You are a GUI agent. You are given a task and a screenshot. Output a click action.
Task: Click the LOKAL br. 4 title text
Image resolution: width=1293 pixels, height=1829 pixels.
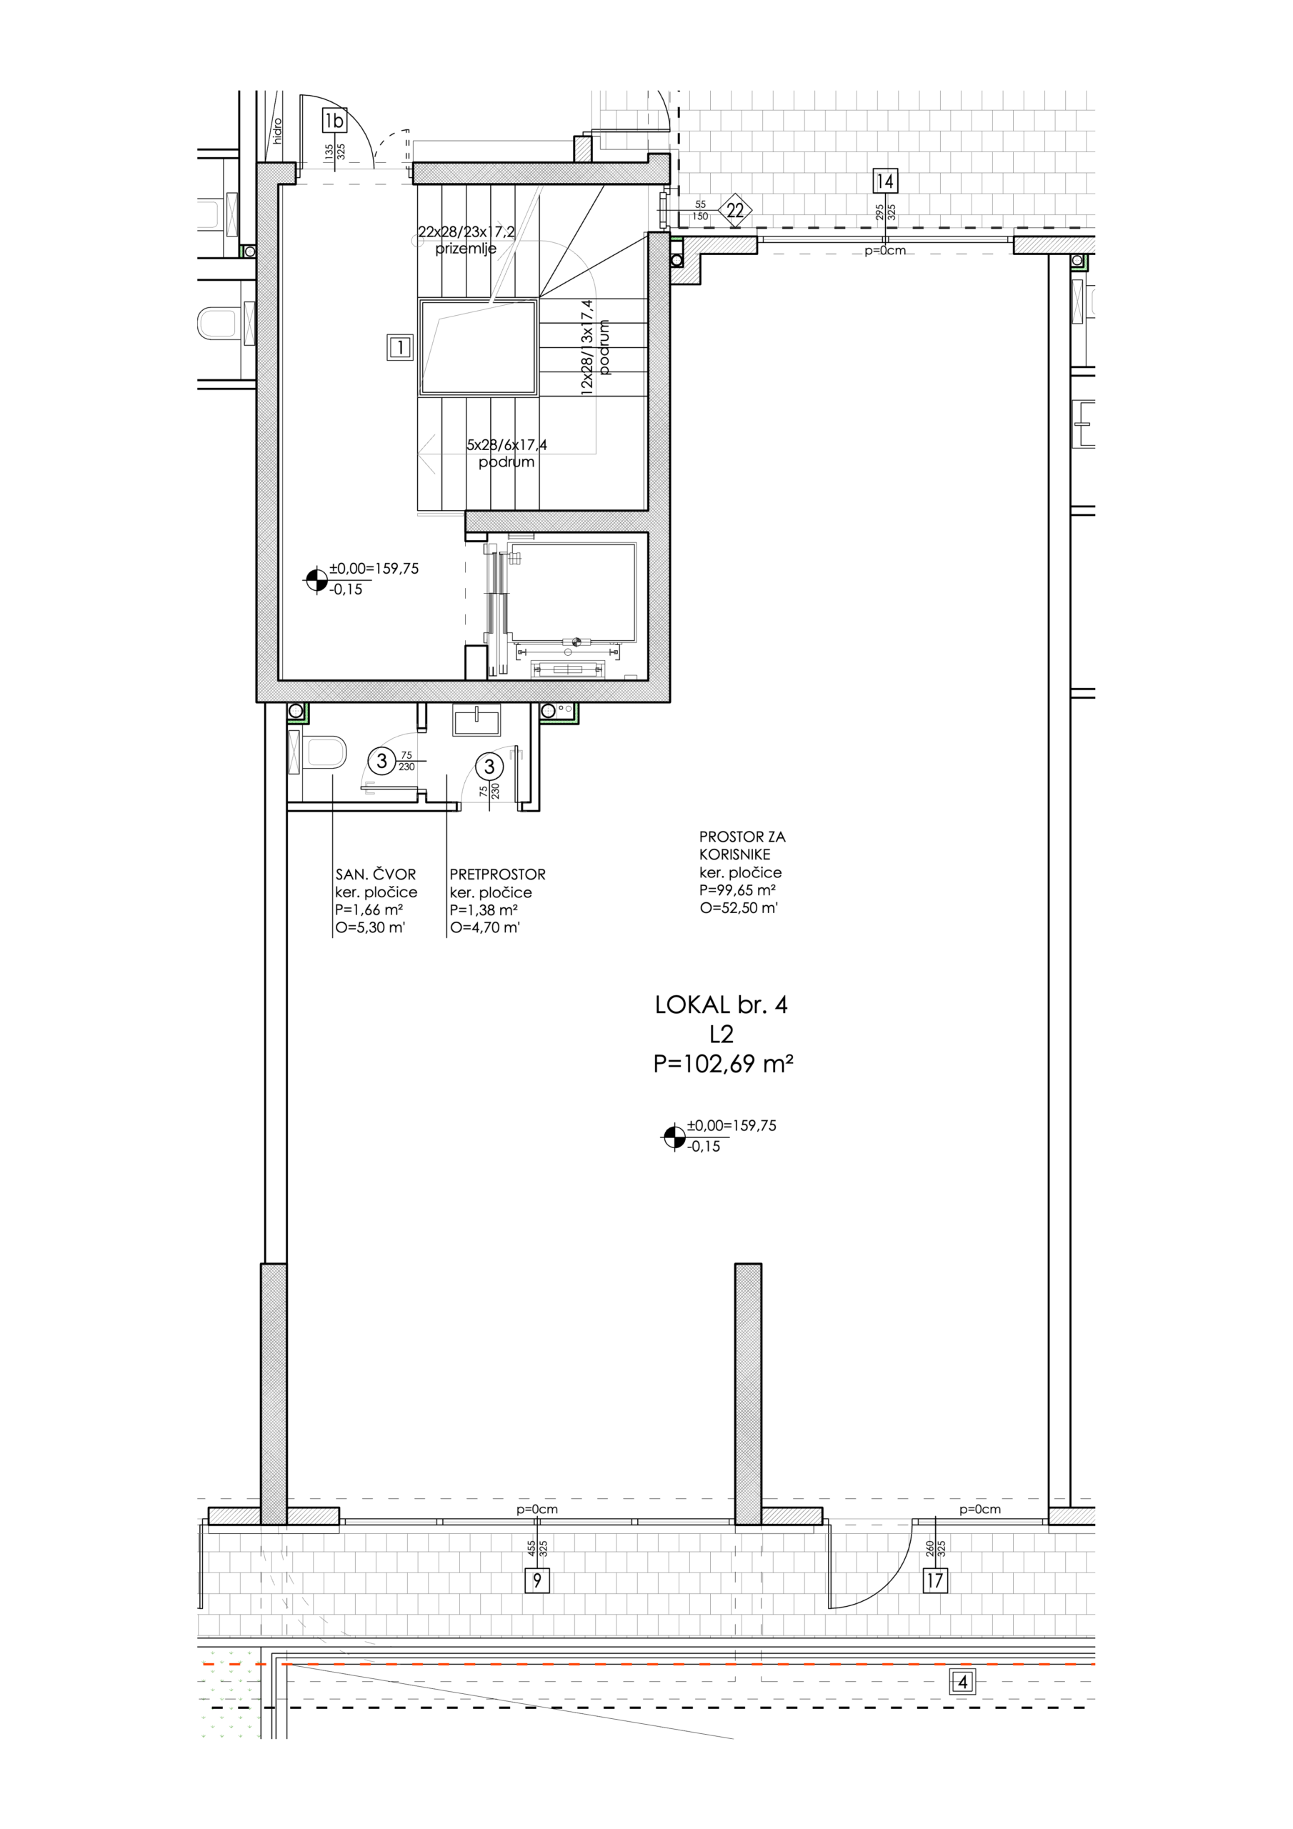[x=721, y=1005]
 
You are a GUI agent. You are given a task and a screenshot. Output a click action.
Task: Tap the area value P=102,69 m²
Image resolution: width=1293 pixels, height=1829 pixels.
[x=724, y=1065]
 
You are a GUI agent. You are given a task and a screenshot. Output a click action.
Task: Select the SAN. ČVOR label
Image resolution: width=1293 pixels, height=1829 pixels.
[x=375, y=874]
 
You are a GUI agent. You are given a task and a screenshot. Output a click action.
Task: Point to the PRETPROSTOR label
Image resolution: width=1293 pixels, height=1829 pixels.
[x=497, y=874]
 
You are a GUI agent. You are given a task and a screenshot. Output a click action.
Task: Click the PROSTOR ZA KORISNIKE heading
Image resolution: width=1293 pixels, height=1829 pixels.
[x=742, y=845]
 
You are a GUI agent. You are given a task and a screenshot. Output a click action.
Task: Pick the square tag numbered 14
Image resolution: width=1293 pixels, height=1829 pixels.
[x=884, y=181]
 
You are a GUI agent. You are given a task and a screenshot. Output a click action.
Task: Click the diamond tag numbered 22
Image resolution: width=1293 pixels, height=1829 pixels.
[x=735, y=210]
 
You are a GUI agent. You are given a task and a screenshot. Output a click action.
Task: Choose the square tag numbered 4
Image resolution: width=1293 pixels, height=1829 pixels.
[x=963, y=1683]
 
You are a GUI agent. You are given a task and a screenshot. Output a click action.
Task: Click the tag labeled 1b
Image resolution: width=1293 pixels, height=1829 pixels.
[x=334, y=120]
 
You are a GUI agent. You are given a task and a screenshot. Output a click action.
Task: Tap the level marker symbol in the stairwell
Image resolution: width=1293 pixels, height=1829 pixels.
[x=316, y=580]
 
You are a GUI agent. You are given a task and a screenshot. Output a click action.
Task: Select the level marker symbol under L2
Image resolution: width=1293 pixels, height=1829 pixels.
[x=674, y=1137]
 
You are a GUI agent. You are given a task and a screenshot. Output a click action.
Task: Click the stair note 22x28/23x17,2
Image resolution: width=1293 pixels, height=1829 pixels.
[x=467, y=231]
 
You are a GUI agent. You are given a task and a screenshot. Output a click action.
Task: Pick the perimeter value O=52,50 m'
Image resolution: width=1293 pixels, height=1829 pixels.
[x=739, y=907]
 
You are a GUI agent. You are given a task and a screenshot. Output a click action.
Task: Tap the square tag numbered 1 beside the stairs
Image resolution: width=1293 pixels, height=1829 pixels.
[x=400, y=347]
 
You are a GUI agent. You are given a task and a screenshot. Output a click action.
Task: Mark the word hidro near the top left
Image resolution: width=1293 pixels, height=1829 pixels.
[x=277, y=131]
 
